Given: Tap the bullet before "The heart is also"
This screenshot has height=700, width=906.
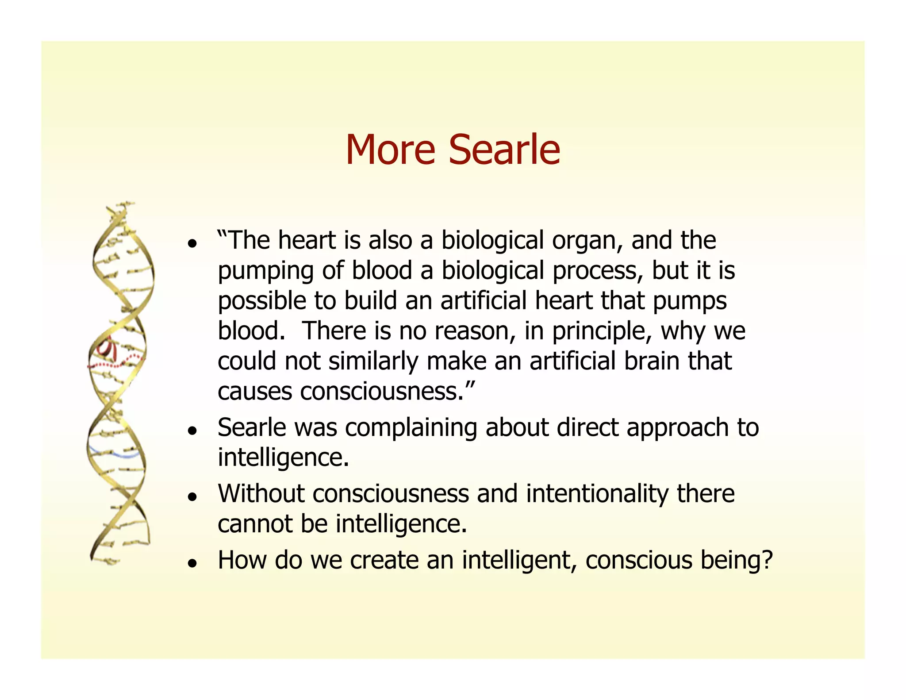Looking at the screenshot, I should point(192,244).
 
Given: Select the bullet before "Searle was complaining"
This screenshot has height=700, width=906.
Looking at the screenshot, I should point(192,431).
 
